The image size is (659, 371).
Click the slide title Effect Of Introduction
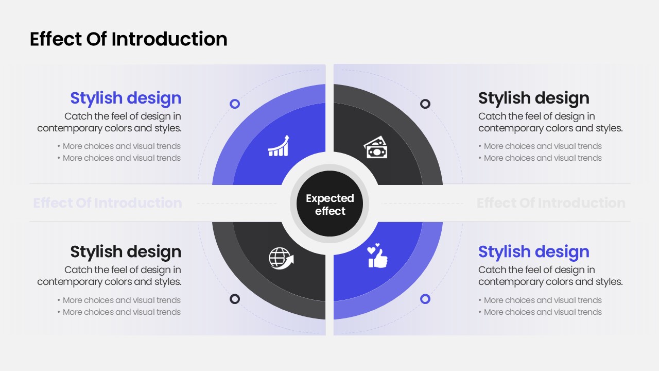(129, 39)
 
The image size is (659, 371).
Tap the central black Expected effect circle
(330, 204)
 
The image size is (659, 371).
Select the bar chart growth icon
(279, 146)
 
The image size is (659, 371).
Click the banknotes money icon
(376, 147)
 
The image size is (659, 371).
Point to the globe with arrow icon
(281, 258)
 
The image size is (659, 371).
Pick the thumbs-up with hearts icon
(377, 256)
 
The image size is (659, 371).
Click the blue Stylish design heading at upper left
(126, 98)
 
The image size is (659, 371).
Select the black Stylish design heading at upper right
(534, 98)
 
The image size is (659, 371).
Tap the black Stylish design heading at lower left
(126, 252)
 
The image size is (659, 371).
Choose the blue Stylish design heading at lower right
(534, 252)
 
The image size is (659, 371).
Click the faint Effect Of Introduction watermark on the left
(108, 203)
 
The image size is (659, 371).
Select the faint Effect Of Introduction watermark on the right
(551, 203)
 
